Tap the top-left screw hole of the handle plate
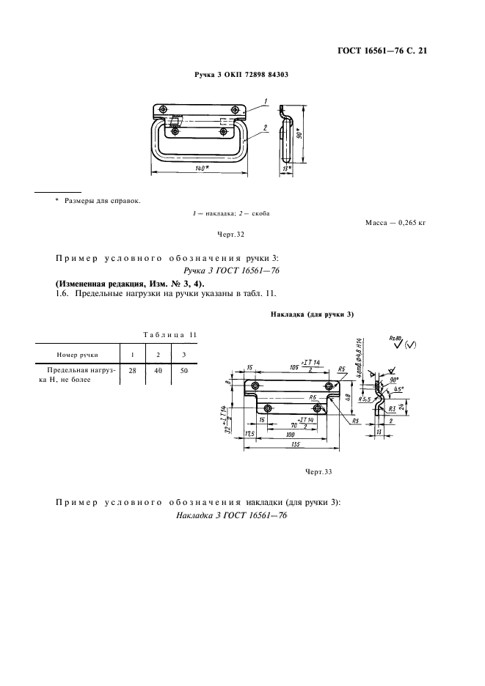click(162, 110)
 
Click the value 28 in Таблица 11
click(133, 372)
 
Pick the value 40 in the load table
click(158, 372)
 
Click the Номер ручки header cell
click(77, 354)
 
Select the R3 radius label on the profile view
click(393, 408)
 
